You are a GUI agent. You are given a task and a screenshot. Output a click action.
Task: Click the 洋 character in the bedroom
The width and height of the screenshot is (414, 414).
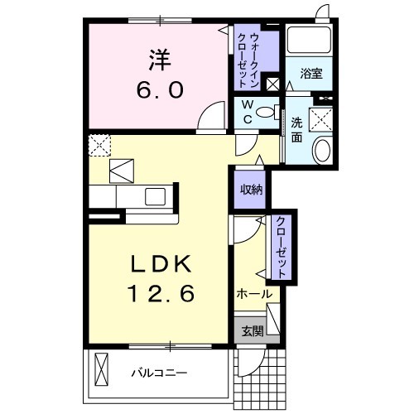[160, 60]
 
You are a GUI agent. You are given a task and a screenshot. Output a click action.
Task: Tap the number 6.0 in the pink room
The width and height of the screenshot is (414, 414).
[160, 90]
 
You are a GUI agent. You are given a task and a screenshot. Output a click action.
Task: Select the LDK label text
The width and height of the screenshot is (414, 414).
[161, 264]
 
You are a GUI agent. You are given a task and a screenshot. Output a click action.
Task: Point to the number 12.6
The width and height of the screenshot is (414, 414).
[161, 293]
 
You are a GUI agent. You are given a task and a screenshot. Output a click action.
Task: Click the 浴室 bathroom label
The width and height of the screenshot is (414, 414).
[311, 74]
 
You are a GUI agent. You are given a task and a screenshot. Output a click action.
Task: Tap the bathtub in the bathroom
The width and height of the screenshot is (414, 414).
[309, 40]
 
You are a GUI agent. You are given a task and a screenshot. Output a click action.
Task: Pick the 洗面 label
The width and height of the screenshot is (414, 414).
[296, 130]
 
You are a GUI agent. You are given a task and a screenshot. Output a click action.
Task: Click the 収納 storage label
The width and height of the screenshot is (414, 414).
[251, 190]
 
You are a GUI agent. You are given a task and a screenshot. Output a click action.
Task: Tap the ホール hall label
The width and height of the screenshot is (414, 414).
[254, 294]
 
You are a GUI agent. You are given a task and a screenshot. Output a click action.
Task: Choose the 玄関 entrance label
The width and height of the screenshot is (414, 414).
[253, 331]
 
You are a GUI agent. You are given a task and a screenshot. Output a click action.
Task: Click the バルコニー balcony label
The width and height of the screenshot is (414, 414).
[160, 373]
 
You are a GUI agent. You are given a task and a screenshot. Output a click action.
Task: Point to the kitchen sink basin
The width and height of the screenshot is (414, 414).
[155, 196]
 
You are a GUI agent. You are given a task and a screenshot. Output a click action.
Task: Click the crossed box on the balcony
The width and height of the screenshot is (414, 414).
[101, 369]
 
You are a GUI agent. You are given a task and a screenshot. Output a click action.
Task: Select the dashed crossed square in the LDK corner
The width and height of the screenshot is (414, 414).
[99, 146]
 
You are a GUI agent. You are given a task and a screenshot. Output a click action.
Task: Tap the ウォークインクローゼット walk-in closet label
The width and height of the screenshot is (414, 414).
[248, 60]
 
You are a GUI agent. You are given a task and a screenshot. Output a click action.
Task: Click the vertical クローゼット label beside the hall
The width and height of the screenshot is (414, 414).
[281, 247]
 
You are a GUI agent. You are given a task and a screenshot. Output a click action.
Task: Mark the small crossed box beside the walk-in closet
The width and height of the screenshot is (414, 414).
[273, 84]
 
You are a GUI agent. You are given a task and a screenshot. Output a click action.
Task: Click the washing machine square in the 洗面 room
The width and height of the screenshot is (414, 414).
[321, 120]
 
